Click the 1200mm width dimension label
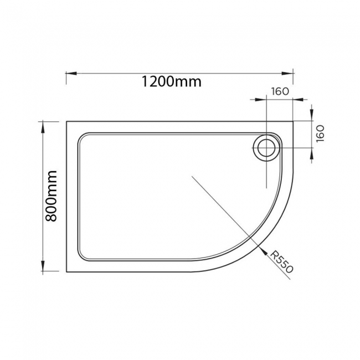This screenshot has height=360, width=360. pyautogui.click(x=171, y=82)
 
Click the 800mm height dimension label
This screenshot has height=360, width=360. pyautogui.click(x=51, y=196)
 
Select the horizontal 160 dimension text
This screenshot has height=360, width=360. pyautogui.click(x=281, y=91)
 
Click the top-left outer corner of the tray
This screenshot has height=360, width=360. pyautogui.click(x=67, y=122)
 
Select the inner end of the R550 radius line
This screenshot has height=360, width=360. pyautogui.click(x=192, y=176)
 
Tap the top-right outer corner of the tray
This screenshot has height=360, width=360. pyautogui.click(x=292, y=122)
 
